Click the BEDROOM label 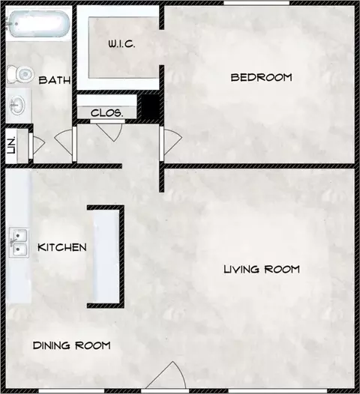[262, 77]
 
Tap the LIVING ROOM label [262, 270]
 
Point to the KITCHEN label [62, 247]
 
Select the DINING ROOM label [72, 345]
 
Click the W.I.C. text [121, 44]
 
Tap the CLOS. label [107, 113]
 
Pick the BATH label [55, 80]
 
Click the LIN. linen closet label [11, 145]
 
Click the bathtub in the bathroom [38, 24]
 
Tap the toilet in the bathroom [20, 74]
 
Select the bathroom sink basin [17, 106]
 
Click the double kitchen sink [19, 243]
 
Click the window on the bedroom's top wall [256, 3]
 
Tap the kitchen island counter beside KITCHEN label [106, 255]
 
